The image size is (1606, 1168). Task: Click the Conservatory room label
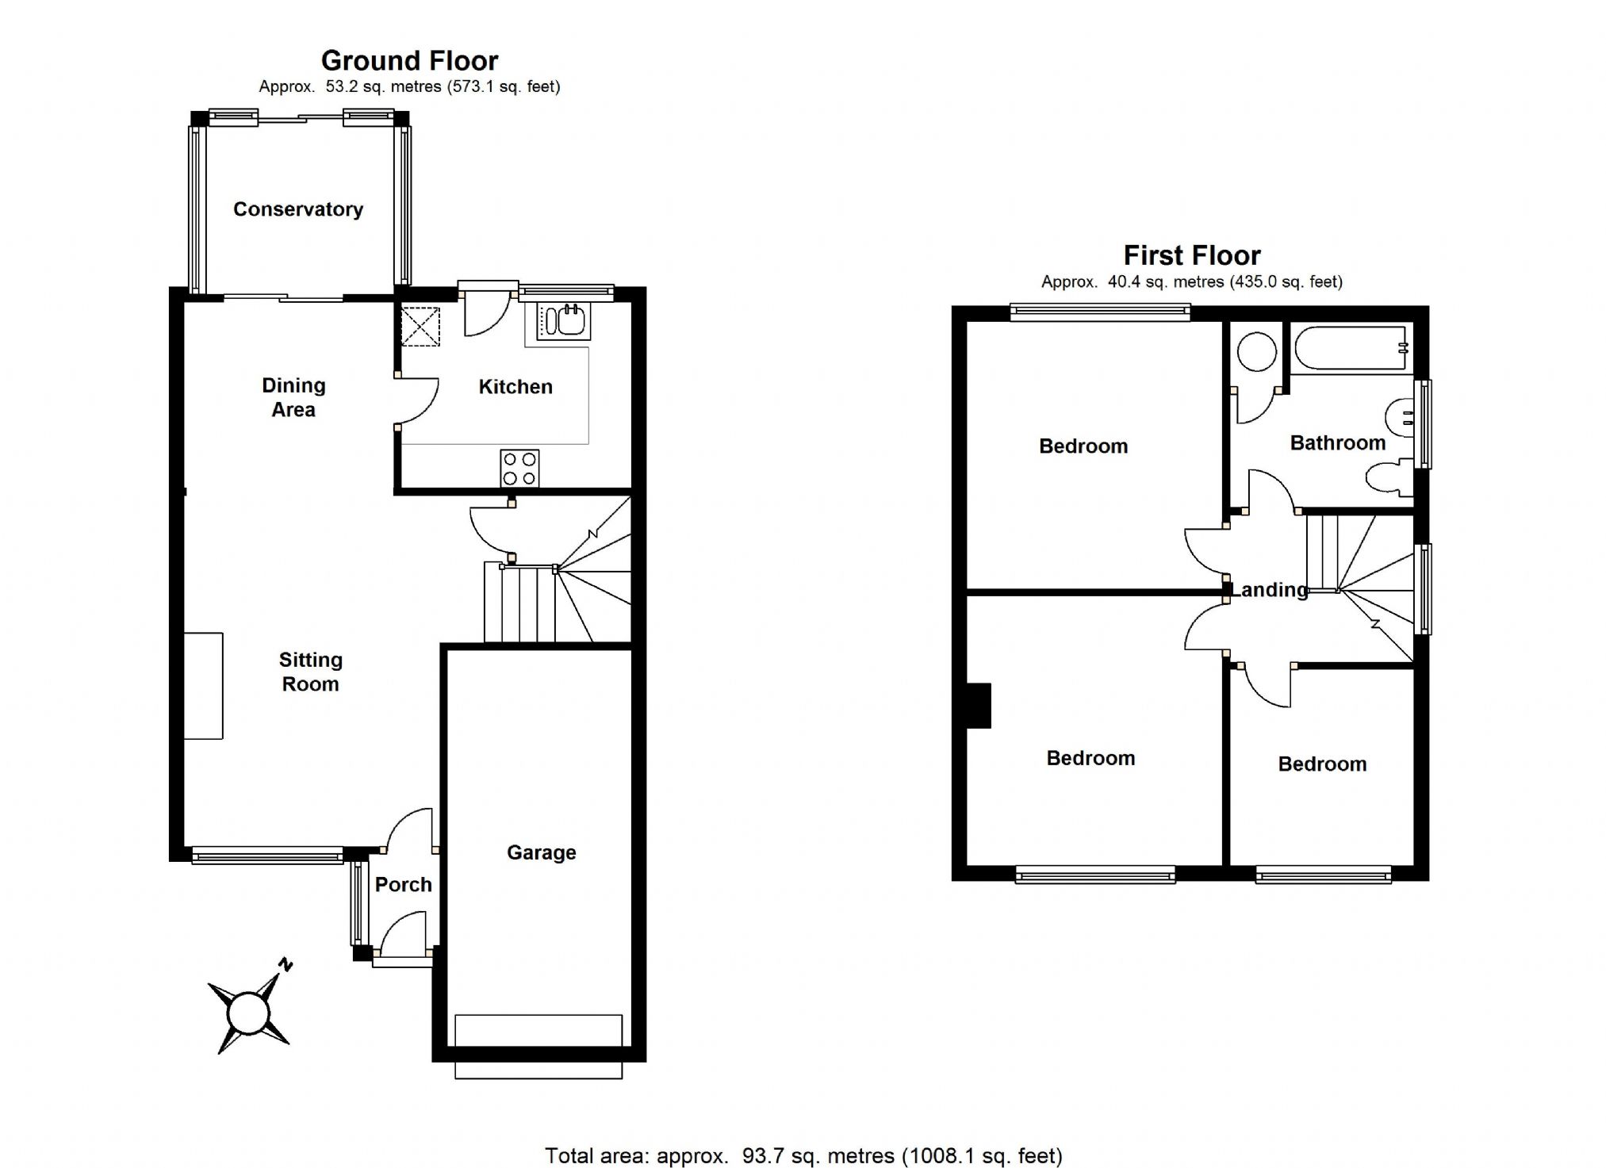pos(298,209)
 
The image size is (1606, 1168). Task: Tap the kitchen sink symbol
pos(564,320)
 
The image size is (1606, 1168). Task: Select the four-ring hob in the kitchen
pos(519,468)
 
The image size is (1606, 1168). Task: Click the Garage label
pos(542,852)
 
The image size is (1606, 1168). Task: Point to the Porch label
pos(403,884)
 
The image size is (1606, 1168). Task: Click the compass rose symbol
pos(249,1013)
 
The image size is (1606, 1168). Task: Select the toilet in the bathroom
pos(1388,479)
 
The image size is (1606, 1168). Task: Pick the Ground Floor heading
pos(409,61)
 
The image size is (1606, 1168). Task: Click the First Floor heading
pos(1191,255)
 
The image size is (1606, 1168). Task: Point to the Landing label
pos(1269,589)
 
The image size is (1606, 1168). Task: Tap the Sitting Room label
pos(311,672)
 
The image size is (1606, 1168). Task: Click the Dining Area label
pos(293,397)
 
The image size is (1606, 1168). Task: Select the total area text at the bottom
pos(803,1155)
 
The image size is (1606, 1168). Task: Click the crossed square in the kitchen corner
pos(420,327)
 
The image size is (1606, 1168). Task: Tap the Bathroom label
pos(1337,442)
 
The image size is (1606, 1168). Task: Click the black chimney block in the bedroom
pos(979,706)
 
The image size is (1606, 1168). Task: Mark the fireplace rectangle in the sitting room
pos(204,686)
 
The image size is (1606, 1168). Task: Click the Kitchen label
pos(516,387)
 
